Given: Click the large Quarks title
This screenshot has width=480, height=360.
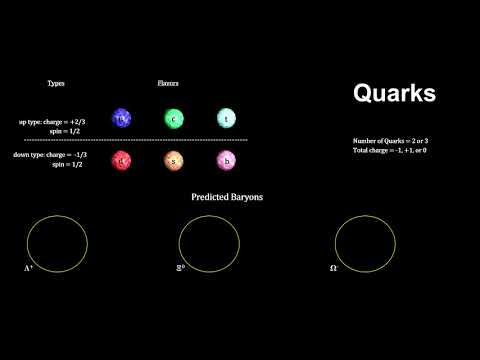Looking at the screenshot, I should (394, 94).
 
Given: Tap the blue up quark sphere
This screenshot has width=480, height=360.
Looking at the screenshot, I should (122, 119).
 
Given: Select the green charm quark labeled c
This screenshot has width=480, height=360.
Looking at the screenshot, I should (174, 119).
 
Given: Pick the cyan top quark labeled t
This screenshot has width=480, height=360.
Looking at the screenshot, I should (226, 119).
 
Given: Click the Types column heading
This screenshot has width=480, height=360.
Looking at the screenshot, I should (56, 82).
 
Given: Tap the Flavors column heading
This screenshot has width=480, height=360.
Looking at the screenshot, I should (168, 82).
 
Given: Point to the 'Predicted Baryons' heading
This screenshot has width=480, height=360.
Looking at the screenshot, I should (227, 198).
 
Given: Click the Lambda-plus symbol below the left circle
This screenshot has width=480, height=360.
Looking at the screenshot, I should (29, 269).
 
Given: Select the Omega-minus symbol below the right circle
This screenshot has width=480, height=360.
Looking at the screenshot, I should (334, 269).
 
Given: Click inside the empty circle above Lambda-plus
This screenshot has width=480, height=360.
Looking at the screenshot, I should (56, 242).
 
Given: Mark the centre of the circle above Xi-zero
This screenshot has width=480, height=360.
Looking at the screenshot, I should (207, 242).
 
